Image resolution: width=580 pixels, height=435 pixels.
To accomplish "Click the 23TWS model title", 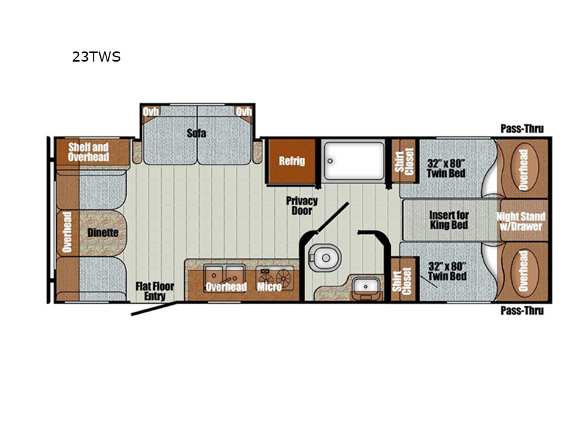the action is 96,57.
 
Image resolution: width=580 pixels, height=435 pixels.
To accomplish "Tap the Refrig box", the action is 292,161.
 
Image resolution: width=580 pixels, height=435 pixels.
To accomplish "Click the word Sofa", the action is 196,133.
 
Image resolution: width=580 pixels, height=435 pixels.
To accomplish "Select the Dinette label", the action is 103,233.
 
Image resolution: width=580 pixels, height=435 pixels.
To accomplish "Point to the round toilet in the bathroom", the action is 324,257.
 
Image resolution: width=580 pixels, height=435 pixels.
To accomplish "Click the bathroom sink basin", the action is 365,286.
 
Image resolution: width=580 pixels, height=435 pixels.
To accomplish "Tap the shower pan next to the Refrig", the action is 353,160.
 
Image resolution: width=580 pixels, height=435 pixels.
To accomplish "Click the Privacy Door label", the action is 302,206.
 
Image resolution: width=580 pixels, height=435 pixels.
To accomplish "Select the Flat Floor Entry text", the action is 154,291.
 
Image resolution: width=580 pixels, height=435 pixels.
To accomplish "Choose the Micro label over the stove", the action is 269,286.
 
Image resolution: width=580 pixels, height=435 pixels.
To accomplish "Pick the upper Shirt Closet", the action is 405,161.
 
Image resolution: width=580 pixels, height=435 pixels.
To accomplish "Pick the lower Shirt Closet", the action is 403,280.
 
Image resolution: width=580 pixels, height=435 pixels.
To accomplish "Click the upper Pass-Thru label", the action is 522,129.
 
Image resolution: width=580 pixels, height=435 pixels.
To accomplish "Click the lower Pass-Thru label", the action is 522,310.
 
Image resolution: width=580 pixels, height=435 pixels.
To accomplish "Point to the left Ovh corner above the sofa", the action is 151,112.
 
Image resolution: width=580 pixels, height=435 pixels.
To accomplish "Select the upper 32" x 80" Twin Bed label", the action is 446,168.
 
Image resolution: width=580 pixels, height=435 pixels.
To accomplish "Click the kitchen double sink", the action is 224,275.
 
